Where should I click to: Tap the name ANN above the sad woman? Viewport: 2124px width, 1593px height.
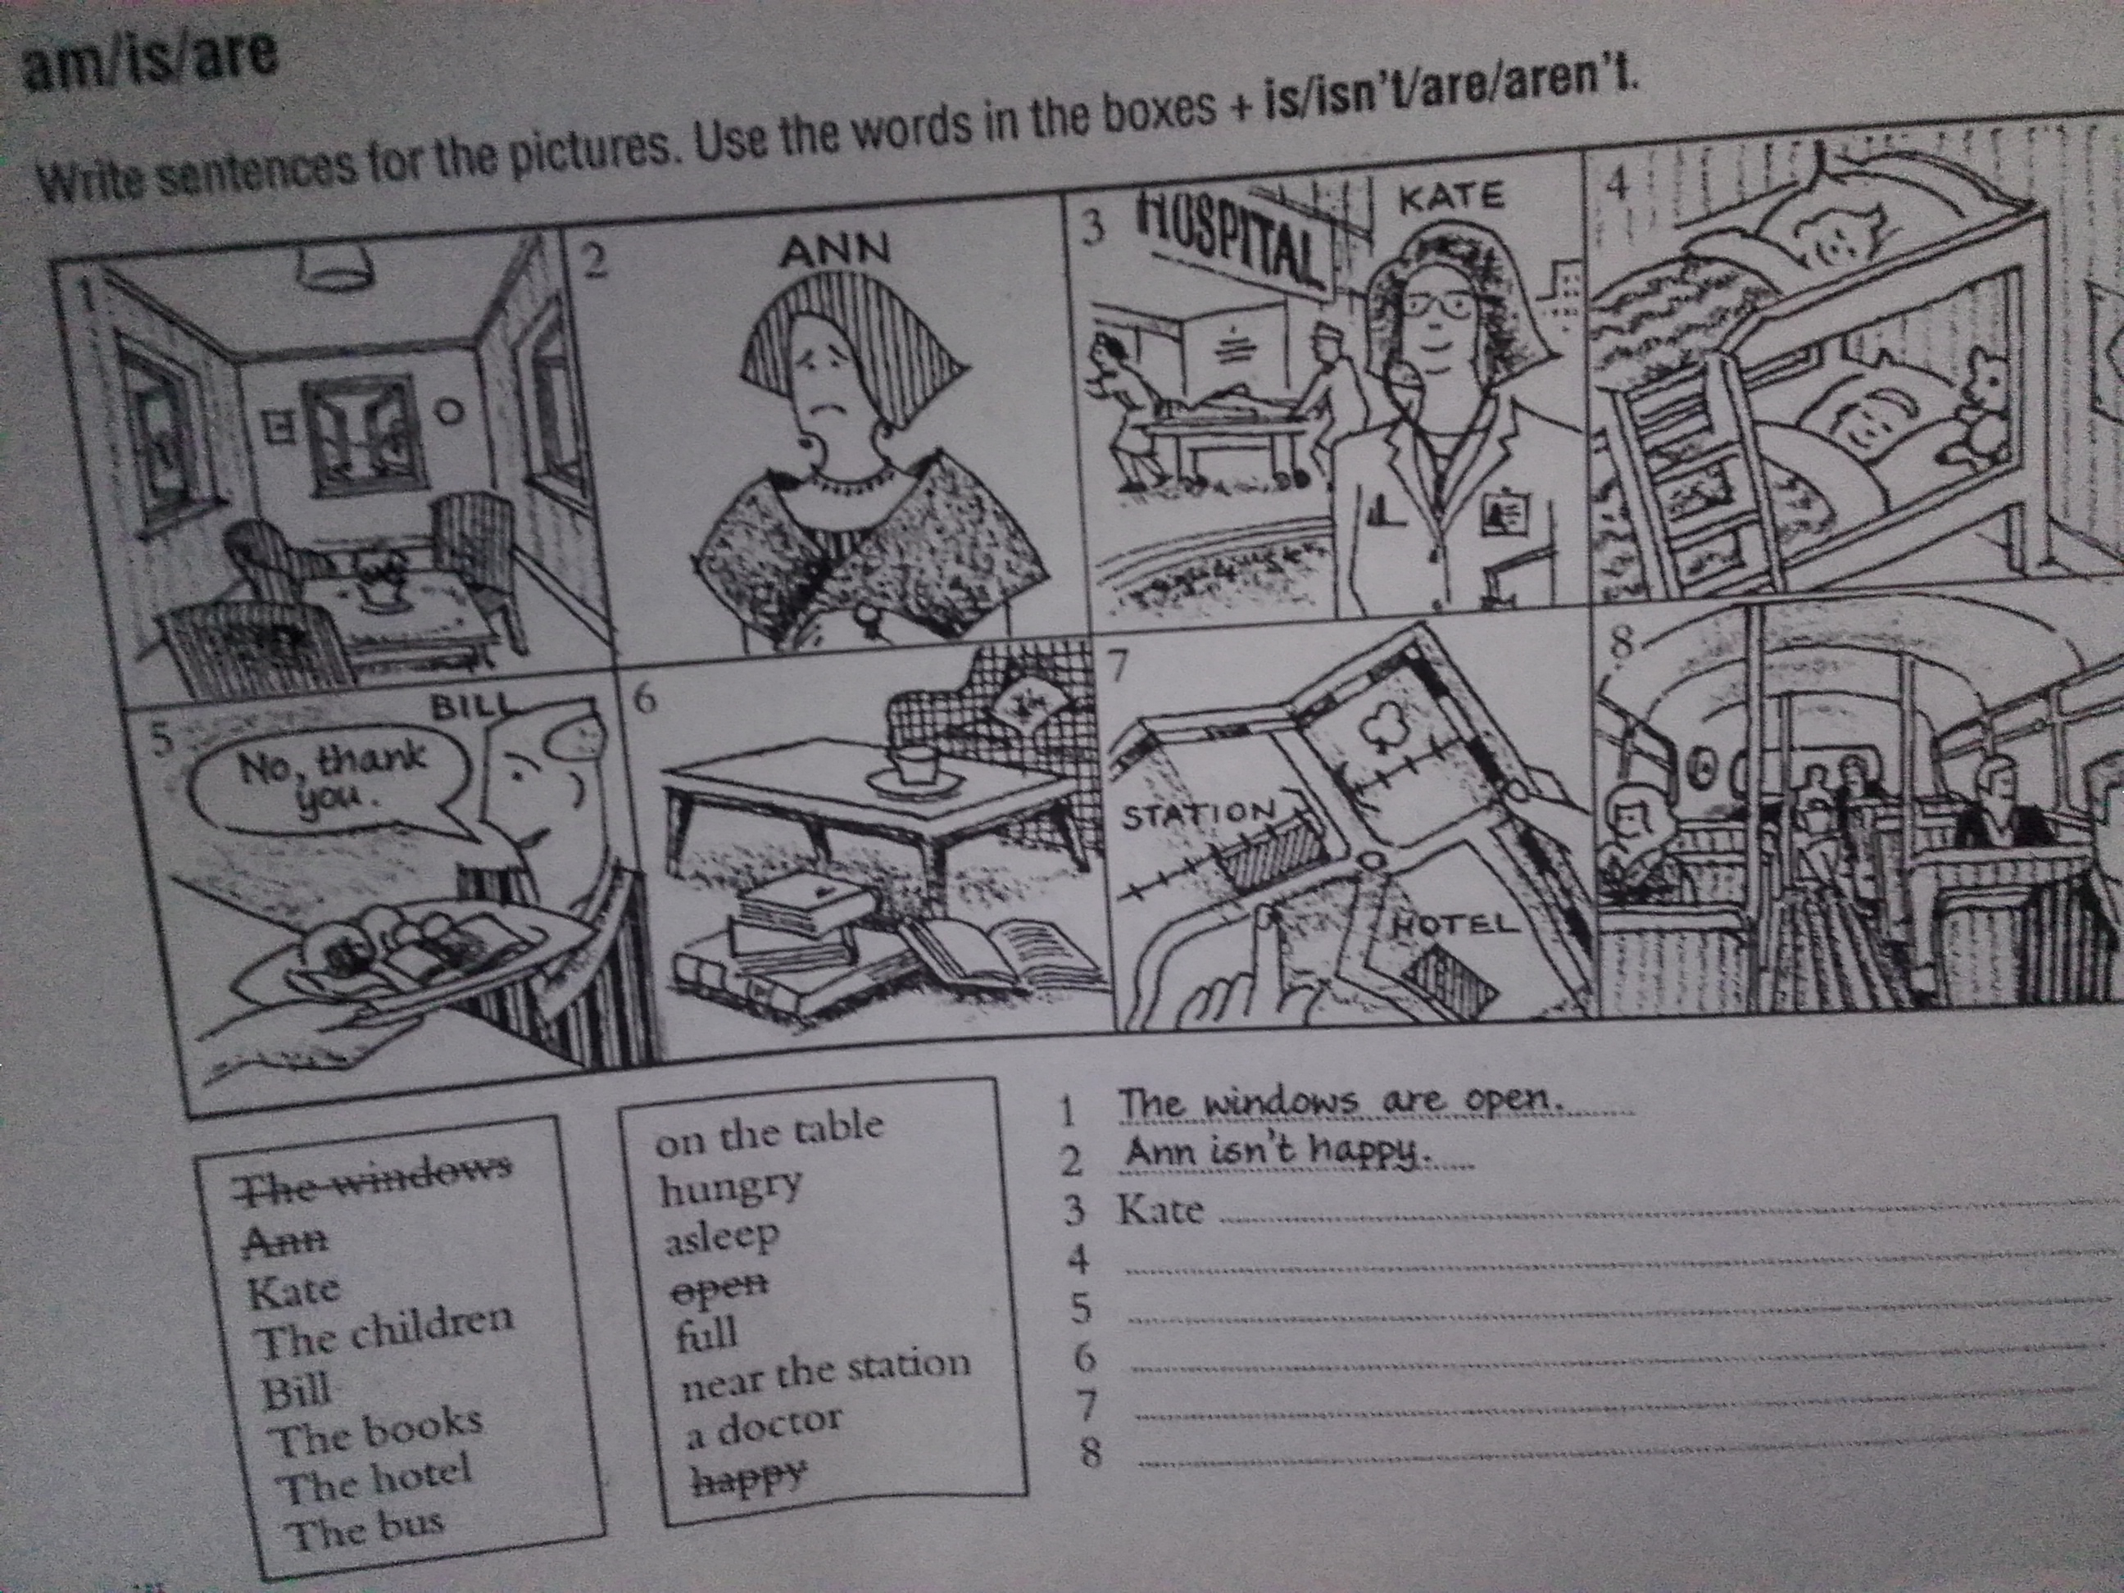835,252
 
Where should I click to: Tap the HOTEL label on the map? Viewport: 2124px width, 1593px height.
1455,924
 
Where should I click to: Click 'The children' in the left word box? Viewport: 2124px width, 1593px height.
384,1331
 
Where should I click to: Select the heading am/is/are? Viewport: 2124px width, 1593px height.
152,60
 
